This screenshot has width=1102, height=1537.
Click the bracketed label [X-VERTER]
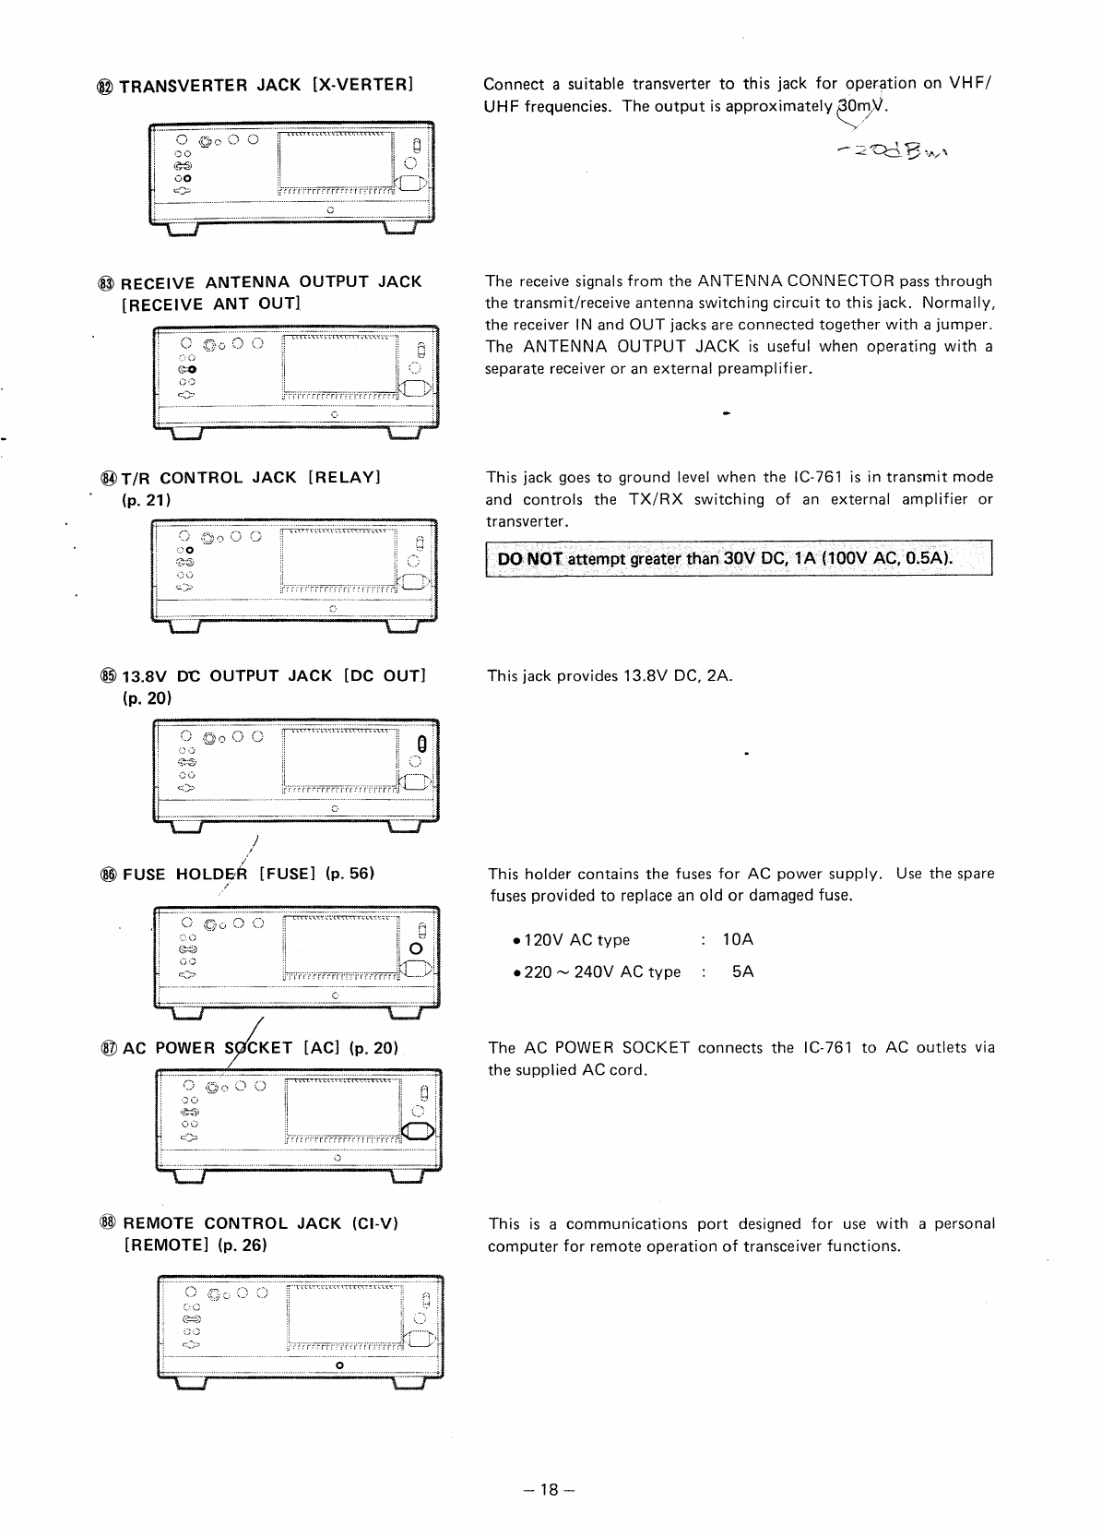[361, 85]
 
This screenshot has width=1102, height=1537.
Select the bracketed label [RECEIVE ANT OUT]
[211, 304]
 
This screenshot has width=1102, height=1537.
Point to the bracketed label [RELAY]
[344, 478]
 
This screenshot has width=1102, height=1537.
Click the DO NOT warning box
[738, 559]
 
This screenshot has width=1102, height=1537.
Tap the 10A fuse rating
[738, 940]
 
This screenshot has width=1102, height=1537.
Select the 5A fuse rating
[742, 971]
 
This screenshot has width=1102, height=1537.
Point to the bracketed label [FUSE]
[288, 874]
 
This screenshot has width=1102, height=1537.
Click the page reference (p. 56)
[350, 874]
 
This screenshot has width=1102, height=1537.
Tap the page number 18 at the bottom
[551, 1489]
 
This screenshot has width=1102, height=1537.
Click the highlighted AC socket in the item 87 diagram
[417, 1133]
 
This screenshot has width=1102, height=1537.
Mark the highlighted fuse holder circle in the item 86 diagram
[416, 949]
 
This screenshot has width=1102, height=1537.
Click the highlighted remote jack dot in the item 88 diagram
[340, 1364]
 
